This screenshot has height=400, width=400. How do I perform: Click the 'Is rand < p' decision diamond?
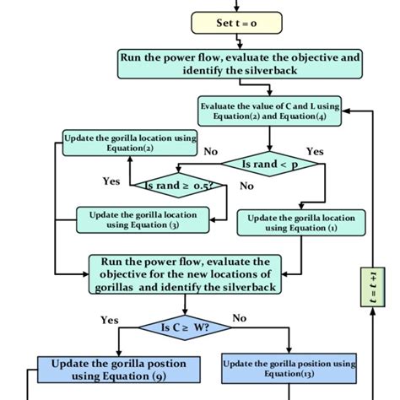click(x=269, y=163)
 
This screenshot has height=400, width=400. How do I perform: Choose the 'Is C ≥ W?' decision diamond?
click(x=185, y=326)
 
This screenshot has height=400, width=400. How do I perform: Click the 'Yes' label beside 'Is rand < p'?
click(x=314, y=151)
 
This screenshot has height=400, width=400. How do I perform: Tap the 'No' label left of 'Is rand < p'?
click(x=212, y=151)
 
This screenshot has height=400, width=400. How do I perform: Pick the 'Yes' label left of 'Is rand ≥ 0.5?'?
click(x=111, y=181)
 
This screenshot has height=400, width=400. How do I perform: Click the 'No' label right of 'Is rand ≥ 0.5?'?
click(x=246, y=186)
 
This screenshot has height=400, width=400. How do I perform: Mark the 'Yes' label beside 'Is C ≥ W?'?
click(x=109, y=320)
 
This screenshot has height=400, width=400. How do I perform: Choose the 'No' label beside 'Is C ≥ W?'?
click(x=240, y=318)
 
